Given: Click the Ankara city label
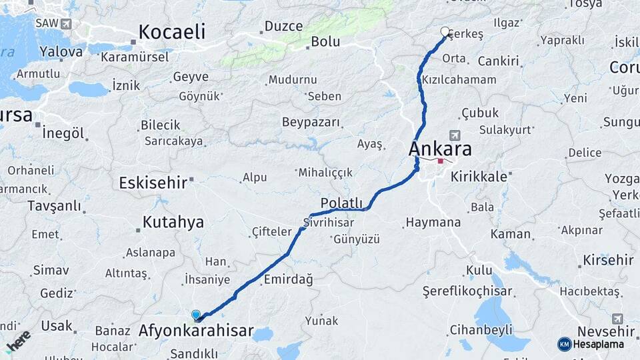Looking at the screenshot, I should pos(440,148).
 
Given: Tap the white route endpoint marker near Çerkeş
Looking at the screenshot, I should pos(445,31).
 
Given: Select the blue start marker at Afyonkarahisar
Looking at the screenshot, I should pos(196,315).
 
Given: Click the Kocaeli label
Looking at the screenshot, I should pos(171,32).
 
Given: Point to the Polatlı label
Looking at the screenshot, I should pos(341,203).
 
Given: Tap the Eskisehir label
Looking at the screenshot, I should pos(153,183).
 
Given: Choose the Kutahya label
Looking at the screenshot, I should pos(172,222).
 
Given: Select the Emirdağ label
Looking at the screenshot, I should pos(289,279).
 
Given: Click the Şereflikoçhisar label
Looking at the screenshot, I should pos(468,291).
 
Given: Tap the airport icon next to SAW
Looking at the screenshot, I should pos(65,24).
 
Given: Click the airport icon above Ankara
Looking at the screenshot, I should pos(455,135).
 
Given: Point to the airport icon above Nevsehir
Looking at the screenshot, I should pos(617,319).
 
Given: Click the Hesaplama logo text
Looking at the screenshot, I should pos(598,344).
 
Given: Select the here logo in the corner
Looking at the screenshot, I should pos(18,340).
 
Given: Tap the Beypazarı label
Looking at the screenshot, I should pos(311,123).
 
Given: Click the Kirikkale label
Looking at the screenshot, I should pos(479,177).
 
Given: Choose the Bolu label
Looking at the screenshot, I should pos(325,41).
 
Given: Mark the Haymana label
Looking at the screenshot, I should pos(433,222).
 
